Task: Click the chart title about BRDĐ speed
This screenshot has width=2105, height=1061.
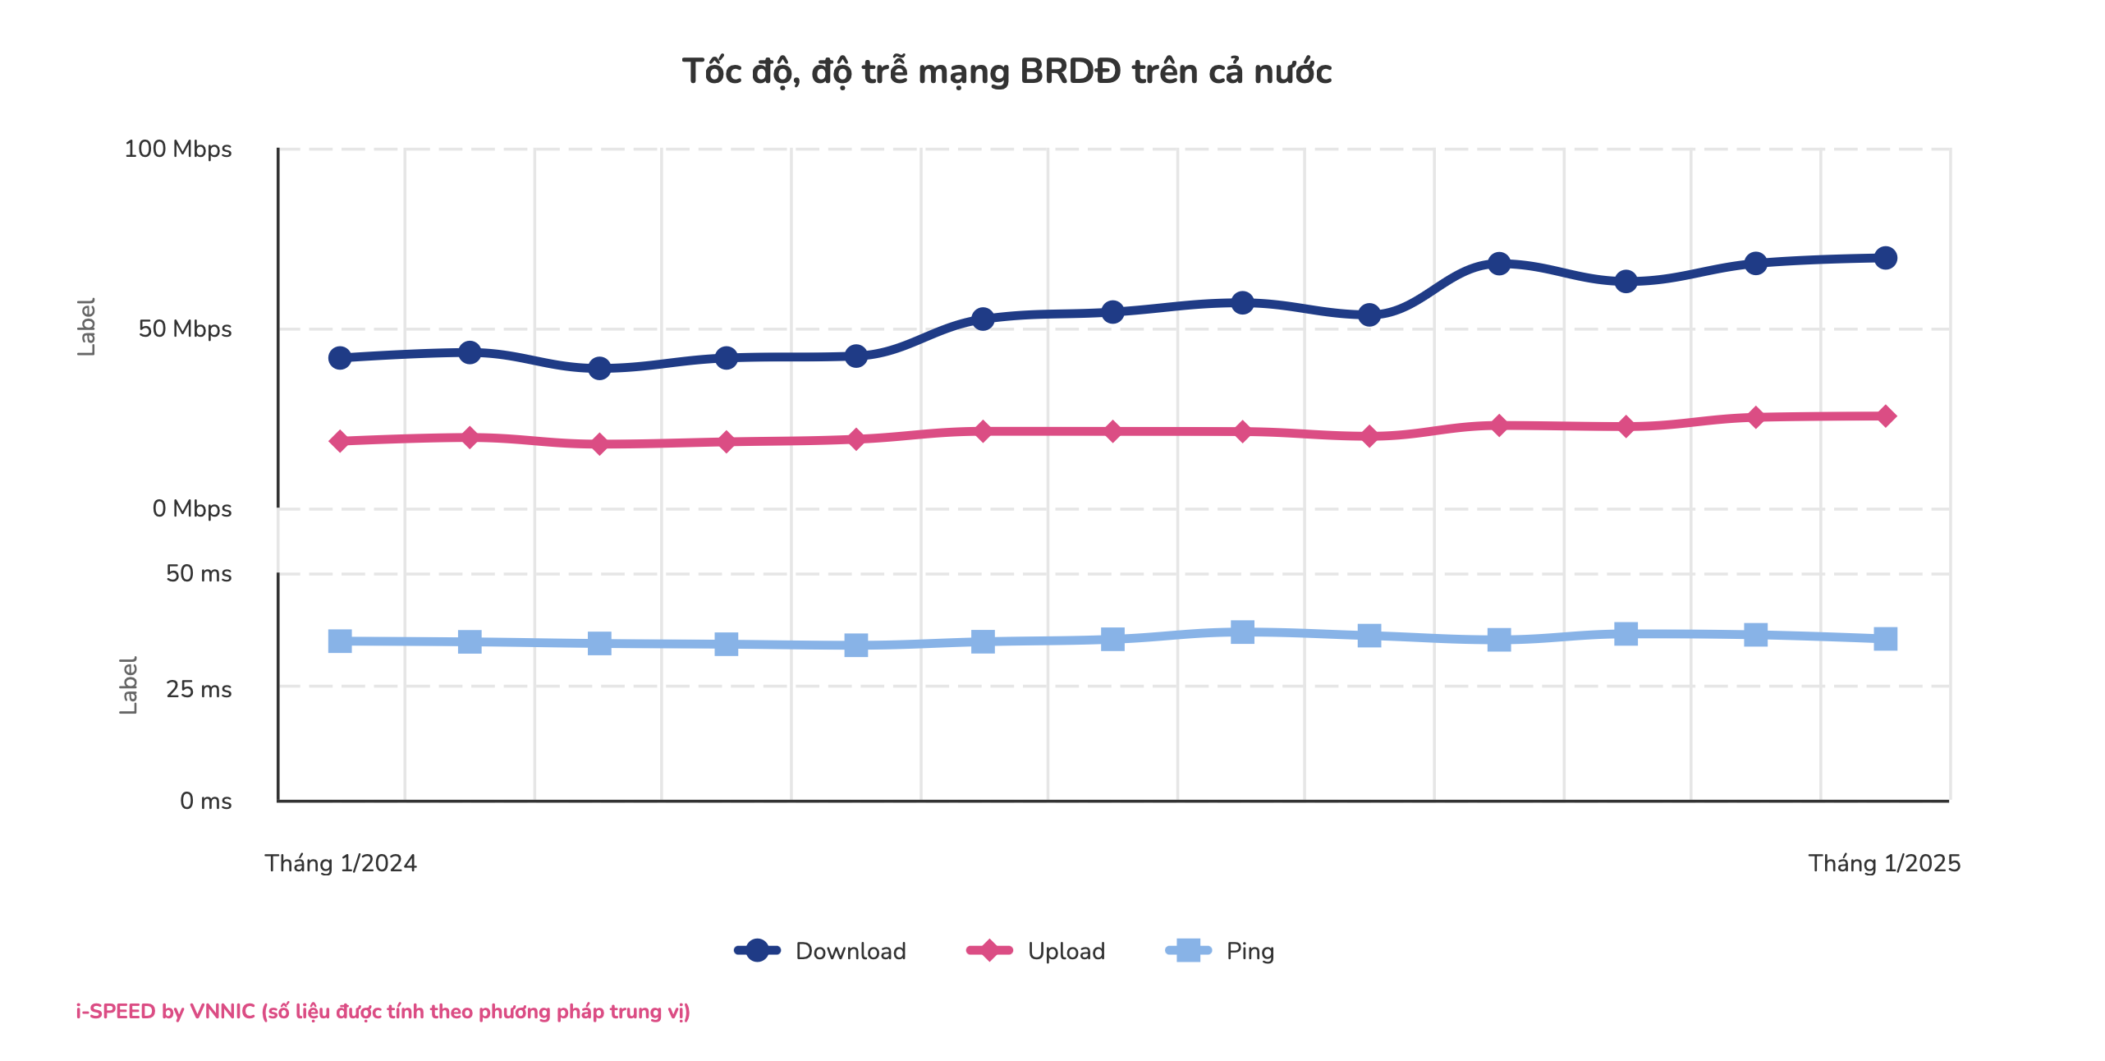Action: (x=1007, y=72)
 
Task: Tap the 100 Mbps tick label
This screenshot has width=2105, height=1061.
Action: (x=177, y=149)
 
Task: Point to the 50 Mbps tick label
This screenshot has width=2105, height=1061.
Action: (x=185, y=329)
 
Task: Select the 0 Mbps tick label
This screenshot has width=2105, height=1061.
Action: (x=192, y=509)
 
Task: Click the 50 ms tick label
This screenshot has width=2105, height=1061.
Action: (x=199, y=574)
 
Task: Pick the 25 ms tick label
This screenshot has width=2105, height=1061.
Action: (x=199, y=690)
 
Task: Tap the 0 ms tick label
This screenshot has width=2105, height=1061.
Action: (x=205, y=801)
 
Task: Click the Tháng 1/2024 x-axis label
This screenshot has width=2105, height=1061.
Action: (x=340, y=864)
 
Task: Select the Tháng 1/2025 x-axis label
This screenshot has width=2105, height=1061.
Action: (x=1884, y=864)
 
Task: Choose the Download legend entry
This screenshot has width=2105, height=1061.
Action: (x=821, y=951)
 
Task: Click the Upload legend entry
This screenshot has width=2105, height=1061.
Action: (x=1037, y=951)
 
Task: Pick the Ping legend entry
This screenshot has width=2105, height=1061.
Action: (x=1221, y=951)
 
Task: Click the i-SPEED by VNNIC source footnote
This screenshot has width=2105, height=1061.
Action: (x=383, y=1012)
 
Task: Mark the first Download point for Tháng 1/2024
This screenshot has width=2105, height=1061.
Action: (x=340, y=358)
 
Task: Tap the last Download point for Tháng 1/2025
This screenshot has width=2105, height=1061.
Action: (x=1886, y=258)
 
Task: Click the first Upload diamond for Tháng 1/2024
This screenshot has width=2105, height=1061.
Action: (x=340, y=441)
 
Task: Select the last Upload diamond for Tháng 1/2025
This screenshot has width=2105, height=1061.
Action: (x=1886, y=416)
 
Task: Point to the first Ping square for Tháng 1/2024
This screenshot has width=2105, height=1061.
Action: (x=340, y=641)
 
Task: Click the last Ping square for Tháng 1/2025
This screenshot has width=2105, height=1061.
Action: (x=1886, y=639)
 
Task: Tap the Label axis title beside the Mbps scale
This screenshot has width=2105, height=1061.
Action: (x=86, y=327)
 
